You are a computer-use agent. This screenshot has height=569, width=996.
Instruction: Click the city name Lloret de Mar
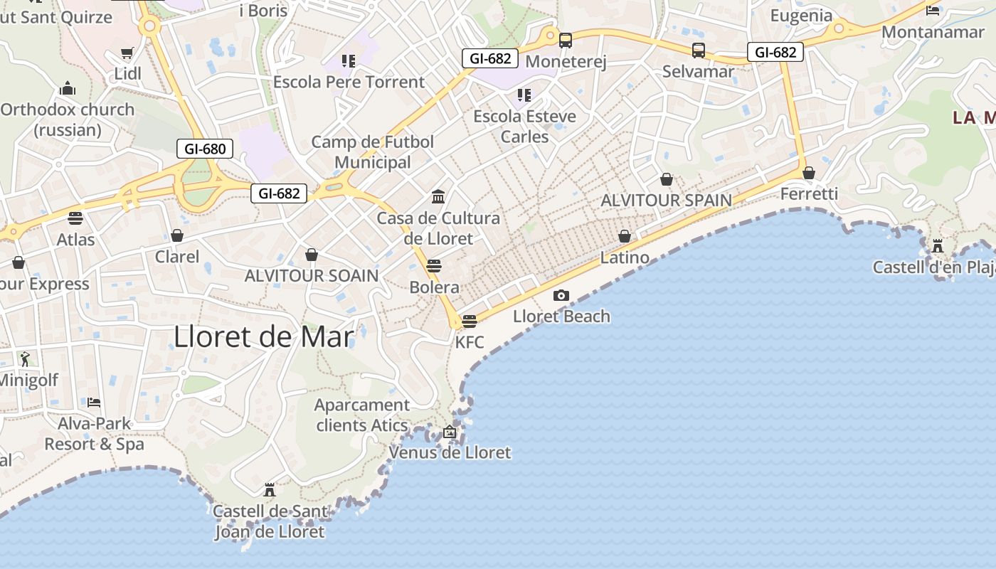point(263,336)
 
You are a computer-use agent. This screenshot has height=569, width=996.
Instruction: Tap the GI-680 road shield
point(205,149)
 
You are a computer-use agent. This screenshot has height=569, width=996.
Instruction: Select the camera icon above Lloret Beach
point(561,295)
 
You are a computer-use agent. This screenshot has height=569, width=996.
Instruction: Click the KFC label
point(470,342)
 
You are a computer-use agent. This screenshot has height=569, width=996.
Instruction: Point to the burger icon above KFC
point(469,321)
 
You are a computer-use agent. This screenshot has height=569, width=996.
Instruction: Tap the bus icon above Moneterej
point(566,41)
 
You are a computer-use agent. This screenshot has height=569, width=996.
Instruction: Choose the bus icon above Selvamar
point(699,50)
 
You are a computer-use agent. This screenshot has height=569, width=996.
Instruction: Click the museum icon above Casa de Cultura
point(438,196)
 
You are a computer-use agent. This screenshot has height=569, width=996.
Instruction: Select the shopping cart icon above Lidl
point(127,53)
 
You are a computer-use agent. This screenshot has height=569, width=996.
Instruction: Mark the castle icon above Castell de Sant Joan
point(270,489)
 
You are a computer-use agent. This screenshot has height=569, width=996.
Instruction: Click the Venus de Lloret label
point(450,452)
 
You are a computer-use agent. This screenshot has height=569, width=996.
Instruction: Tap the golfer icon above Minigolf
point(25,358)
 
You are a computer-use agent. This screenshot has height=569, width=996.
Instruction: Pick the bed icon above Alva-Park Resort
point(94,402)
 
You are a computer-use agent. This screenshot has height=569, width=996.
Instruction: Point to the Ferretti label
point(809,193)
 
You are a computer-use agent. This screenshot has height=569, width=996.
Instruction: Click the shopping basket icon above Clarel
point(177,235)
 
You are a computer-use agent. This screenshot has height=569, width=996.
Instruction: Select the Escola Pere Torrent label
point(349,82)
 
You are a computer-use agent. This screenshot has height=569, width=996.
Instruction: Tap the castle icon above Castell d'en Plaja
point(938,246)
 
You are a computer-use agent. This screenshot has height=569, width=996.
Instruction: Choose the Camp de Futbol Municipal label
point(373,152)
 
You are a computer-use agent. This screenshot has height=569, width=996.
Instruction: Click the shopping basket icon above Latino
point(625,236)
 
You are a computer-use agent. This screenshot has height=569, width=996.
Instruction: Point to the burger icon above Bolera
point(434,266)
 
